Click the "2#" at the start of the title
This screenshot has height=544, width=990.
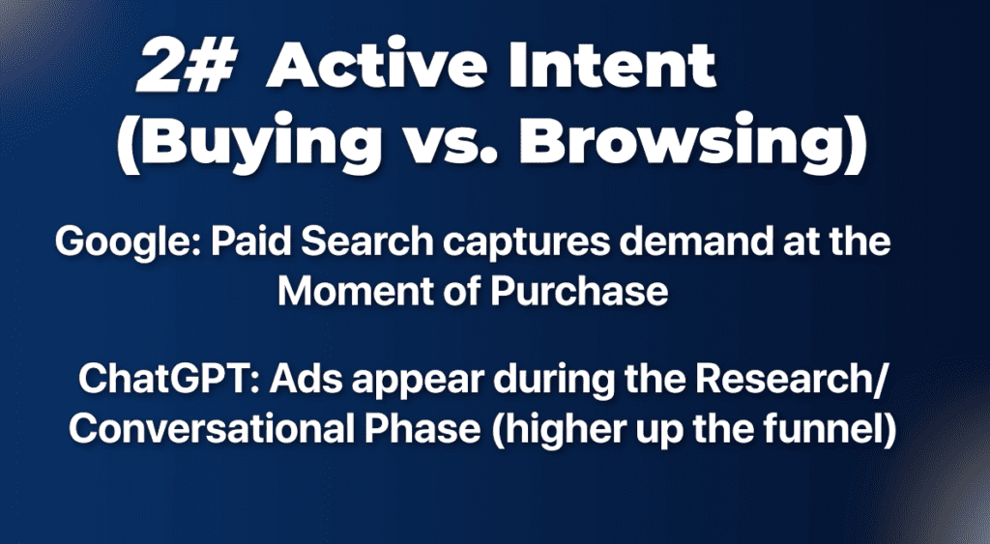point(187,66)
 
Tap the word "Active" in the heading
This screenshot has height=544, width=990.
point(377,65)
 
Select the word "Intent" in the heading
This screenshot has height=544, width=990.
point(612,65)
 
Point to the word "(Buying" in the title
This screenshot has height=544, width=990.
point(248,143)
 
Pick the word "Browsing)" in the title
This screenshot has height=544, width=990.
point(692,143)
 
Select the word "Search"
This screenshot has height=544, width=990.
point(367,241)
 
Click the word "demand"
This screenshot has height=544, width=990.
point(696,241)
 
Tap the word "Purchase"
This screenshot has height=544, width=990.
point(579,291)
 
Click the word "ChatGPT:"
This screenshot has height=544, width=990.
point(168,379)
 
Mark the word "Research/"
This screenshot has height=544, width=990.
point(791,380)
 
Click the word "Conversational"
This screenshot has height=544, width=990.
point(212,429)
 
